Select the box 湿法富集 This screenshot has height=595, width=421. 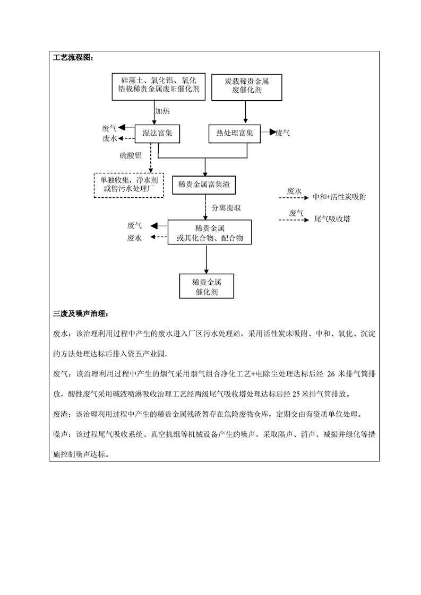(x=158, y=133)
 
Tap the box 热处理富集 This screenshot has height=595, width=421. (x=234, y=133)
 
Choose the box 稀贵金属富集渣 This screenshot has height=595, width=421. (x=204, y=185)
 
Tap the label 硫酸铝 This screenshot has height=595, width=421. (x=131, y=155)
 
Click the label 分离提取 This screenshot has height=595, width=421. (x=226, y=208)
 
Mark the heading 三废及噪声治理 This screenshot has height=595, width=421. (x=80, y=314)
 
